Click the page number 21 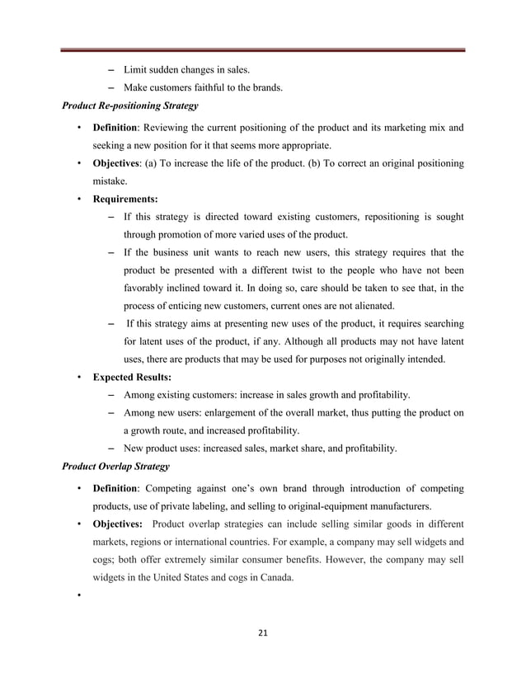tap(263, 633)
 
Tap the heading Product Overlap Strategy tap(116, 466)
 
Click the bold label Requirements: tap(126, 199)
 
